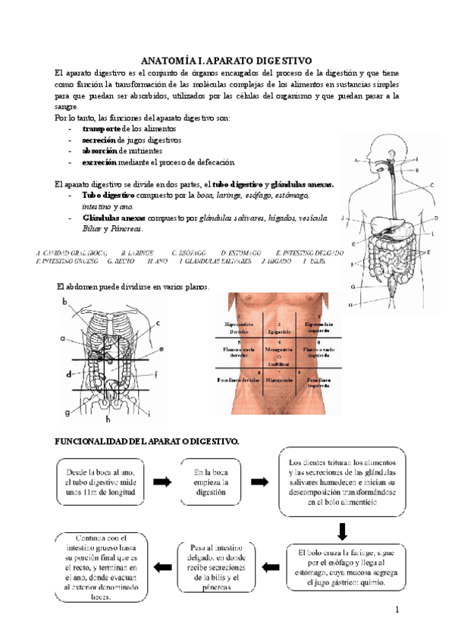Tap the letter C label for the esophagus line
pyautogui.click(x=431, y=185)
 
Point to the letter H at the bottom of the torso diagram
pyautogui.click(x=351, y=305)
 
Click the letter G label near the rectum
pyautogui.click(x=353, y=287)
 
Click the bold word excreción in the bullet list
pyautogui.click(x=99, y=162)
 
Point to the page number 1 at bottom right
pyautogui.click(x=397, y=610)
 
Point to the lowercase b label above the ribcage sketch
pyautogui.click(x=65, y=302)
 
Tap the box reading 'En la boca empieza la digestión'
pyautogui.click(x=209, y=481)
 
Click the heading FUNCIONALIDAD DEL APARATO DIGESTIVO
pyautogui.click(x=148, y=441)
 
